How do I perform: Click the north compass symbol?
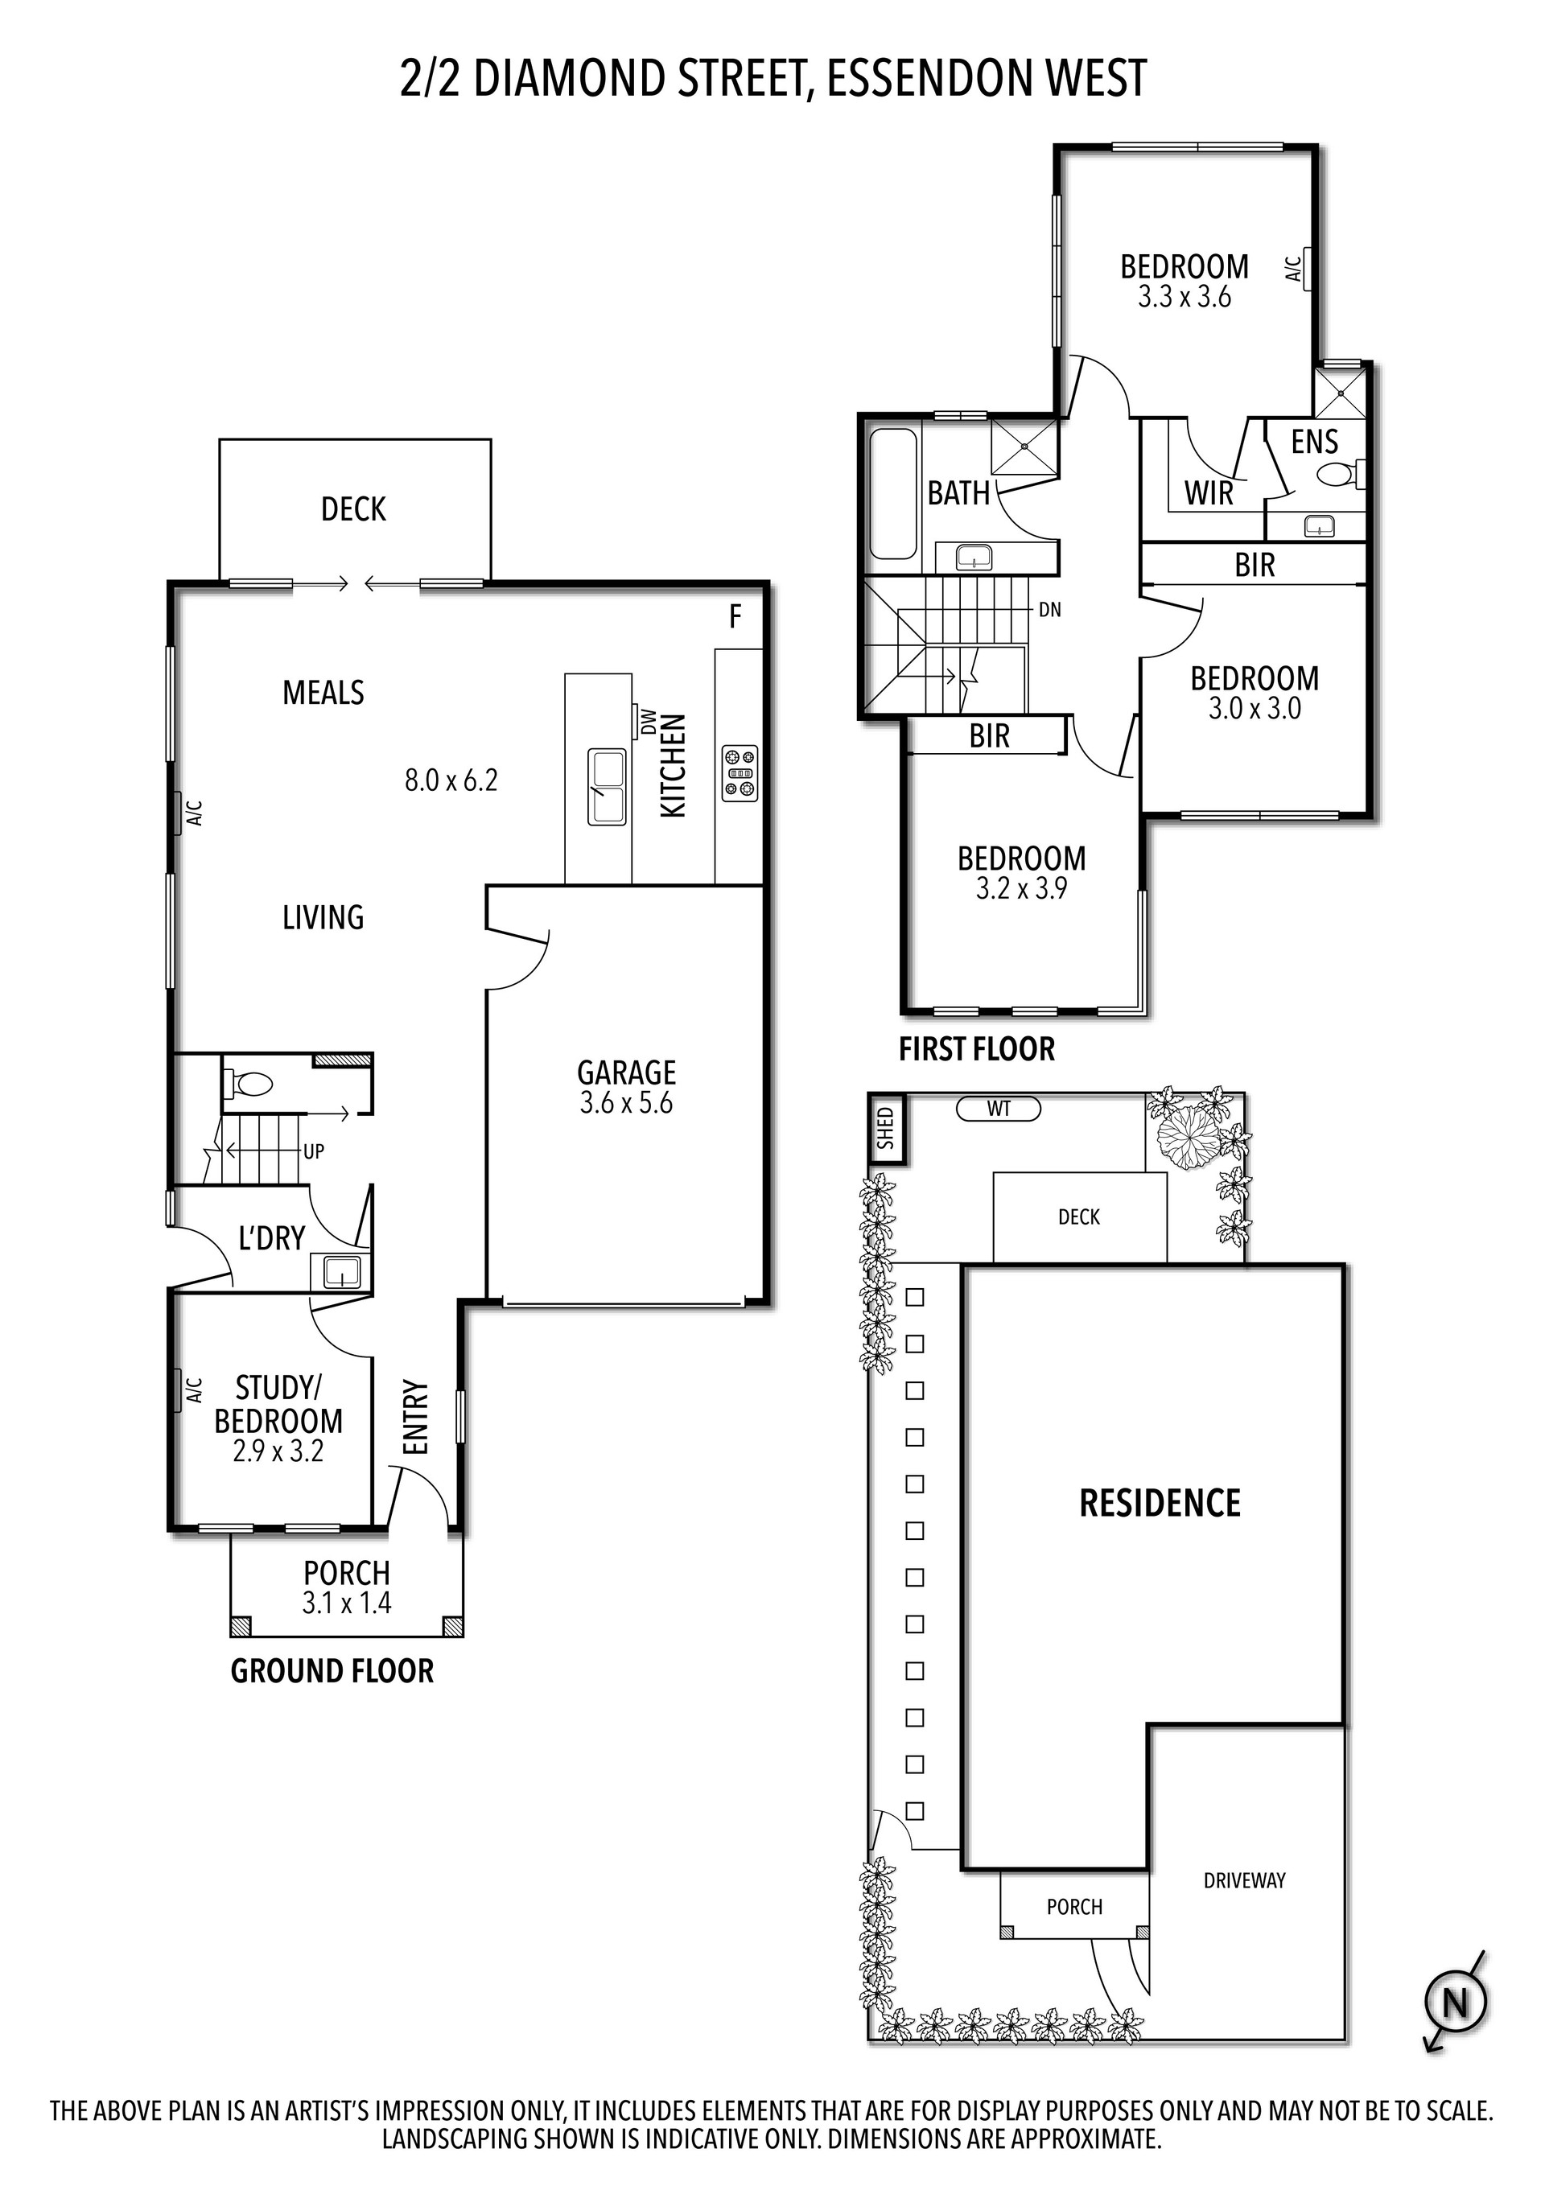pos(1455,2003)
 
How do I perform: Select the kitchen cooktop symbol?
pos(740,772)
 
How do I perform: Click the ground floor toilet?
pos(249,1082)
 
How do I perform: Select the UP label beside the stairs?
pos(313,1151)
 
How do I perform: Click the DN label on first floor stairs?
pos(1049,609)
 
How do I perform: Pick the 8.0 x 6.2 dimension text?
pos(451,780)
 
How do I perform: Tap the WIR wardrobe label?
pos(1209,493)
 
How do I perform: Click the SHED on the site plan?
pos(886,1128)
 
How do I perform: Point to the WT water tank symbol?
pos(999,1108)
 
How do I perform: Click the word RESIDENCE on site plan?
pos(1160,1504)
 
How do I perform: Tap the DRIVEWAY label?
pos(1244,1880)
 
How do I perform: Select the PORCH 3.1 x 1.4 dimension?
pos(347,1603)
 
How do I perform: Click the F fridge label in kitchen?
pos(735,617)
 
